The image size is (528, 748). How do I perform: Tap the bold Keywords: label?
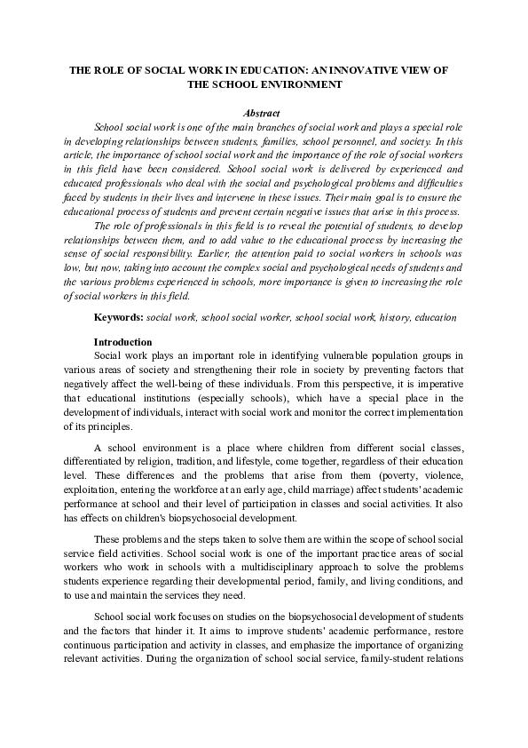[119, 317]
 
